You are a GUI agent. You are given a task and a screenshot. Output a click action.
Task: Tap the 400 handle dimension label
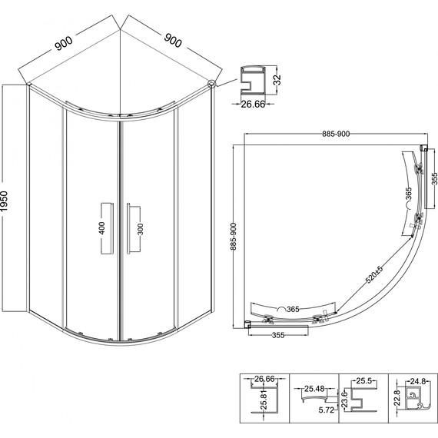point(102,228)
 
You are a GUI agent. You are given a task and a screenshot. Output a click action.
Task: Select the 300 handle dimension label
point(141,229)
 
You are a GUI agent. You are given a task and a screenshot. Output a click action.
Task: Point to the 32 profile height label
point(277,80)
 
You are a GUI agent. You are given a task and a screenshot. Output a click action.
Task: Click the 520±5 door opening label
point(374,274)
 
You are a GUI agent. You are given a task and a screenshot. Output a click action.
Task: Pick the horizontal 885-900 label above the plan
point(336,134)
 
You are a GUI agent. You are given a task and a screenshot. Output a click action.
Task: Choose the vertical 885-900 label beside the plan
point(234,237)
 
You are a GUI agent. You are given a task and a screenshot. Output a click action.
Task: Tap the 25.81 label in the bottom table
point(264,400)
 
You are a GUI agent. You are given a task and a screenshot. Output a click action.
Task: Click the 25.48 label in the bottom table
point(314,389)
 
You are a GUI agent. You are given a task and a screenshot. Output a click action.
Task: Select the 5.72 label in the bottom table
point(327,410)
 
